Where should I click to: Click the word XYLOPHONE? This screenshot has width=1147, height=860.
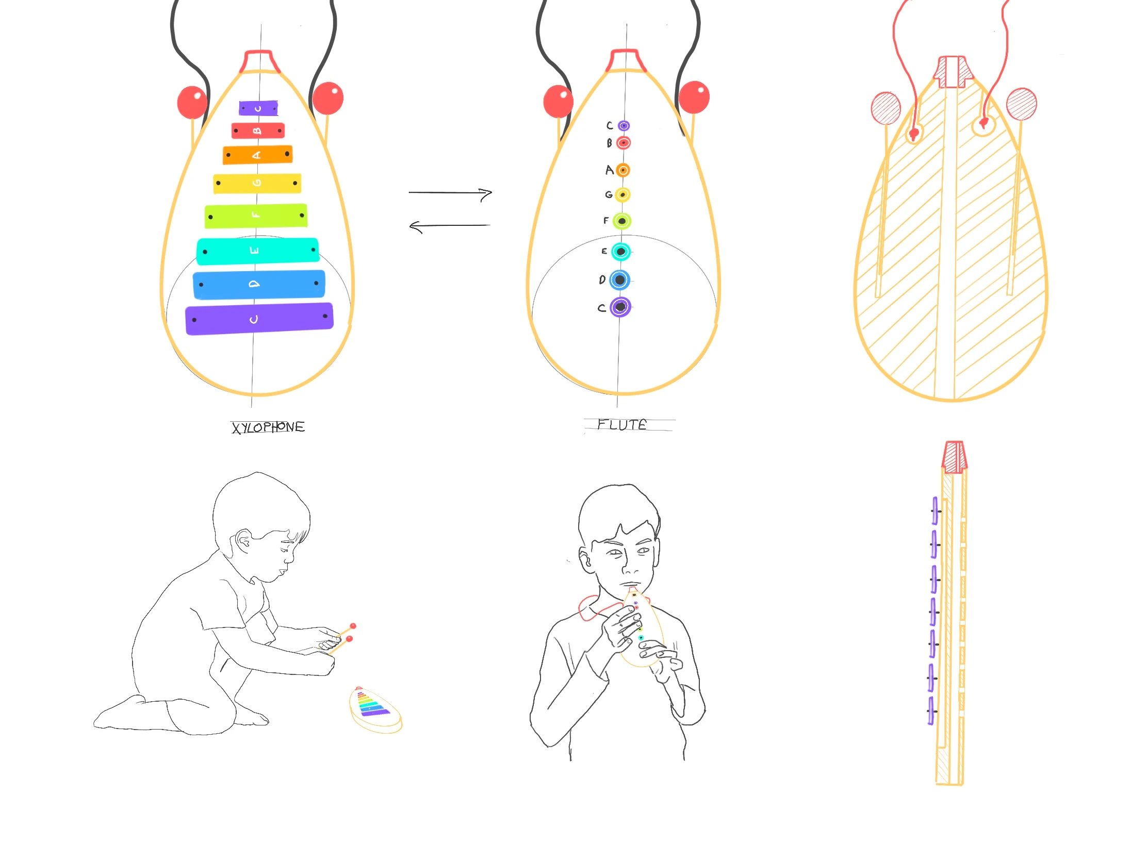tap(268, 427)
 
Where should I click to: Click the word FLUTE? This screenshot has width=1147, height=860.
tap(622, 424)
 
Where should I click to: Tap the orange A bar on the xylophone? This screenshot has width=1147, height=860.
tap(258, 155)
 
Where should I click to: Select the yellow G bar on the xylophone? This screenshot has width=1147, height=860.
tap(257, 183)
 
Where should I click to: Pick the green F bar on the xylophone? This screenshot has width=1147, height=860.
tap(256, 216)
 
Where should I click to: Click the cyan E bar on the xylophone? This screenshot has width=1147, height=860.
tap(258, 251)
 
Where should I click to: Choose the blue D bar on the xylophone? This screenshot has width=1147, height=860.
tap(259, 284)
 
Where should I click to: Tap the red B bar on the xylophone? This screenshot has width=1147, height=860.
tap(258, 130)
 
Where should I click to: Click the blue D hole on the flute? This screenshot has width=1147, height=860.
tap(619, 280)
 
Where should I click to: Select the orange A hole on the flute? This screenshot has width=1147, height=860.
tap(623, 170)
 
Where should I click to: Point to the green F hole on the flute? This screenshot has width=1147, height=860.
tap(622, 221)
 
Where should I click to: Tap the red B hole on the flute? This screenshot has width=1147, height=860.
tap(624, 142)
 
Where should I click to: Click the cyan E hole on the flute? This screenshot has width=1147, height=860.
tap(620, 252)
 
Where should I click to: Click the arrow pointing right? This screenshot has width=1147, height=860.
tap(450, 193)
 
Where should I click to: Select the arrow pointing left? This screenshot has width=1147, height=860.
tap(449, 226)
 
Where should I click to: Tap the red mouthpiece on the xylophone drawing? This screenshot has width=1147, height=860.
tap(259, 61)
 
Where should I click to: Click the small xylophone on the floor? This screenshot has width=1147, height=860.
tap(375, 708)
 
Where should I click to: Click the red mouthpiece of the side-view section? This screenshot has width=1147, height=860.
tap(954, 457)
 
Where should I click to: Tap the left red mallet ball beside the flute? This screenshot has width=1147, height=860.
tap(559, 101)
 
